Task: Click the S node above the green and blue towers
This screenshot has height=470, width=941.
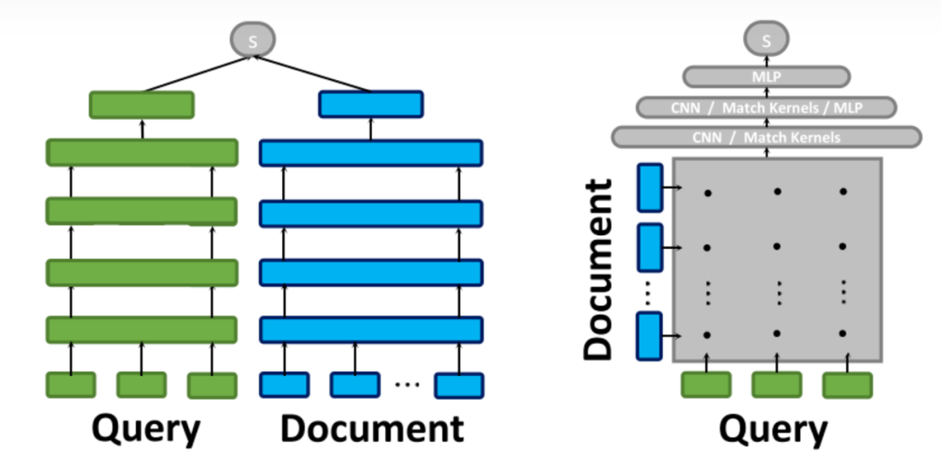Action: pos(253,39)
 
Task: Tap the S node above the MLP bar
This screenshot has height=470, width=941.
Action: pos(766,39)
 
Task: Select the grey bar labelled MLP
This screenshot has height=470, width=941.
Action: pos(766,77)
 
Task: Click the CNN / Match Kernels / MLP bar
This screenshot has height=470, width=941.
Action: pos(766,107)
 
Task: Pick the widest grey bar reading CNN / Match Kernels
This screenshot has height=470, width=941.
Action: pos(766,137)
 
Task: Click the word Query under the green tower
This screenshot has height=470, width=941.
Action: pos(146,428)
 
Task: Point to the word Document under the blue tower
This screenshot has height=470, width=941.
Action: pos(372,428)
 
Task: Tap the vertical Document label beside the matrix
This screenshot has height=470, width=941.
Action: pos(599,271)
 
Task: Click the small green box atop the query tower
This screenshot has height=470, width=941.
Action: pos(142,104)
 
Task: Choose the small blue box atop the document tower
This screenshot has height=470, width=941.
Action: pos(370,104)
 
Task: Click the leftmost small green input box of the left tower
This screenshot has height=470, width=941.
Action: pos(71,385)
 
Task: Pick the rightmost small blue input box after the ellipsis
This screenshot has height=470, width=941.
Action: pos(459,385)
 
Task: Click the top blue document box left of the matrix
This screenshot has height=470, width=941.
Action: pos(650,187)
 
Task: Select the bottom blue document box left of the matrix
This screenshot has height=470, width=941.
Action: pos(650,335)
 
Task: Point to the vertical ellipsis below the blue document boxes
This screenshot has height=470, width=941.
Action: pos(649,295)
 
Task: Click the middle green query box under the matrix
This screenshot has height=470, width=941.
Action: pos(776,385)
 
